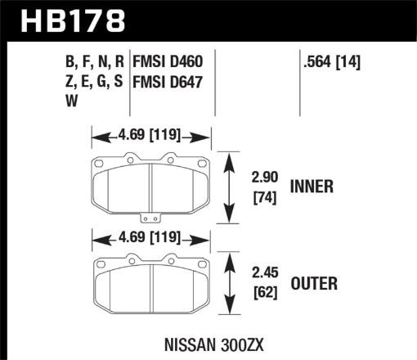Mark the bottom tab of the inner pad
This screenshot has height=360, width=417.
[150, 218]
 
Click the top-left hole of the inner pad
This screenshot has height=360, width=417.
[99, 163]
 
